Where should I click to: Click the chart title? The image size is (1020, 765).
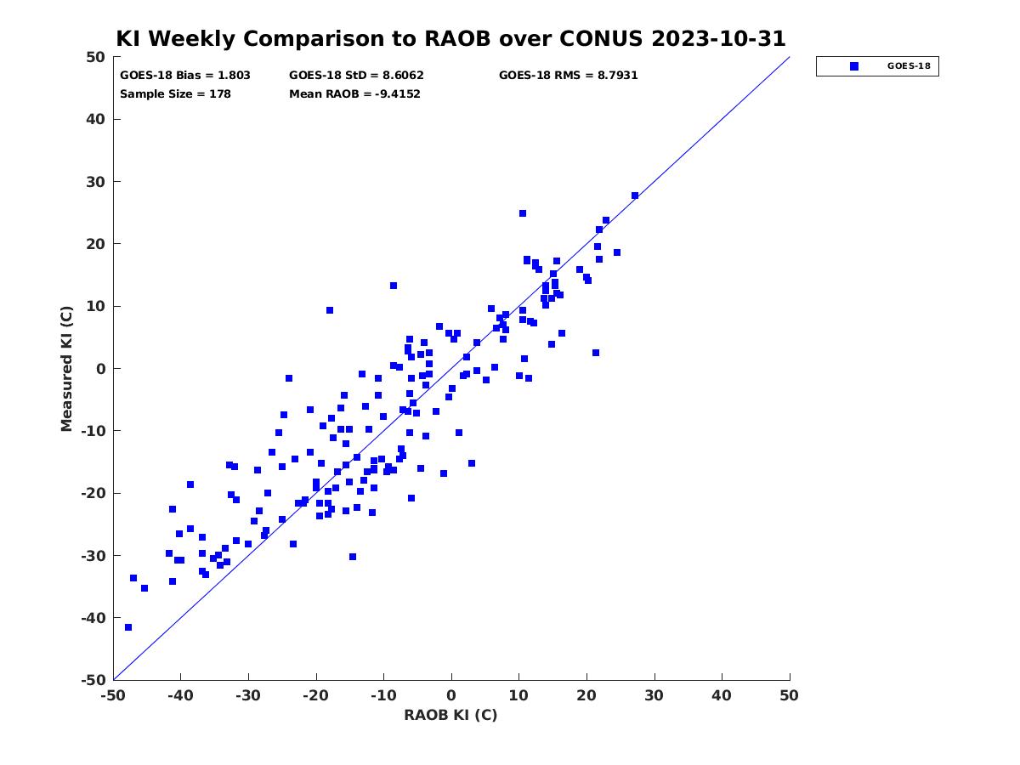click(450, 38)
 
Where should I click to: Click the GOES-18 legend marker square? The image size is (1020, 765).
click(853, 66)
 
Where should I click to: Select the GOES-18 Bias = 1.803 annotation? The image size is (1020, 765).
click(185, 76)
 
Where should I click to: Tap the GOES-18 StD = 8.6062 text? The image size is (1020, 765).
click(356, 76)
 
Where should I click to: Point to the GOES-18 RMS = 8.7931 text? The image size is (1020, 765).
click(568, 76)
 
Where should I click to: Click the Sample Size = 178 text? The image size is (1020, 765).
click(175, 93)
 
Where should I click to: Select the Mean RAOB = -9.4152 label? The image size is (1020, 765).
click(354, 93)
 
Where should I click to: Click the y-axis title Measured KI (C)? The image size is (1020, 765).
click(66, 368)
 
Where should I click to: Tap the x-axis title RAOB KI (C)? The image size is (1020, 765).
click(450, 714)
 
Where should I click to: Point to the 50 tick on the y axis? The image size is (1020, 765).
click(96, 57)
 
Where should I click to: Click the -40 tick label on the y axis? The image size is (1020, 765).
click(93, 618)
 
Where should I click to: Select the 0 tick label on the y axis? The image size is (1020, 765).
click(101, 369)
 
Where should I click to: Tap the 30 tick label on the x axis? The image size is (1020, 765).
click(654, 695)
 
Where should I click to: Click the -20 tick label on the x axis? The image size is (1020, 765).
click(315, 695)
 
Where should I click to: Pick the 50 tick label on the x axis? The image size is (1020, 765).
click(789, 695)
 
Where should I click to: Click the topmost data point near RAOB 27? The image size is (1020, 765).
click(635, 196)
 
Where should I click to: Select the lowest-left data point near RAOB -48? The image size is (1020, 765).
click(128, 627)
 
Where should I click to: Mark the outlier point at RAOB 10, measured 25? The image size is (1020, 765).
click(522, 213)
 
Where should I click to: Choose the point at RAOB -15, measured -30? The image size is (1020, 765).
click(352, 557)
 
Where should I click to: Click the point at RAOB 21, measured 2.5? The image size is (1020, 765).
click(595, 353)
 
